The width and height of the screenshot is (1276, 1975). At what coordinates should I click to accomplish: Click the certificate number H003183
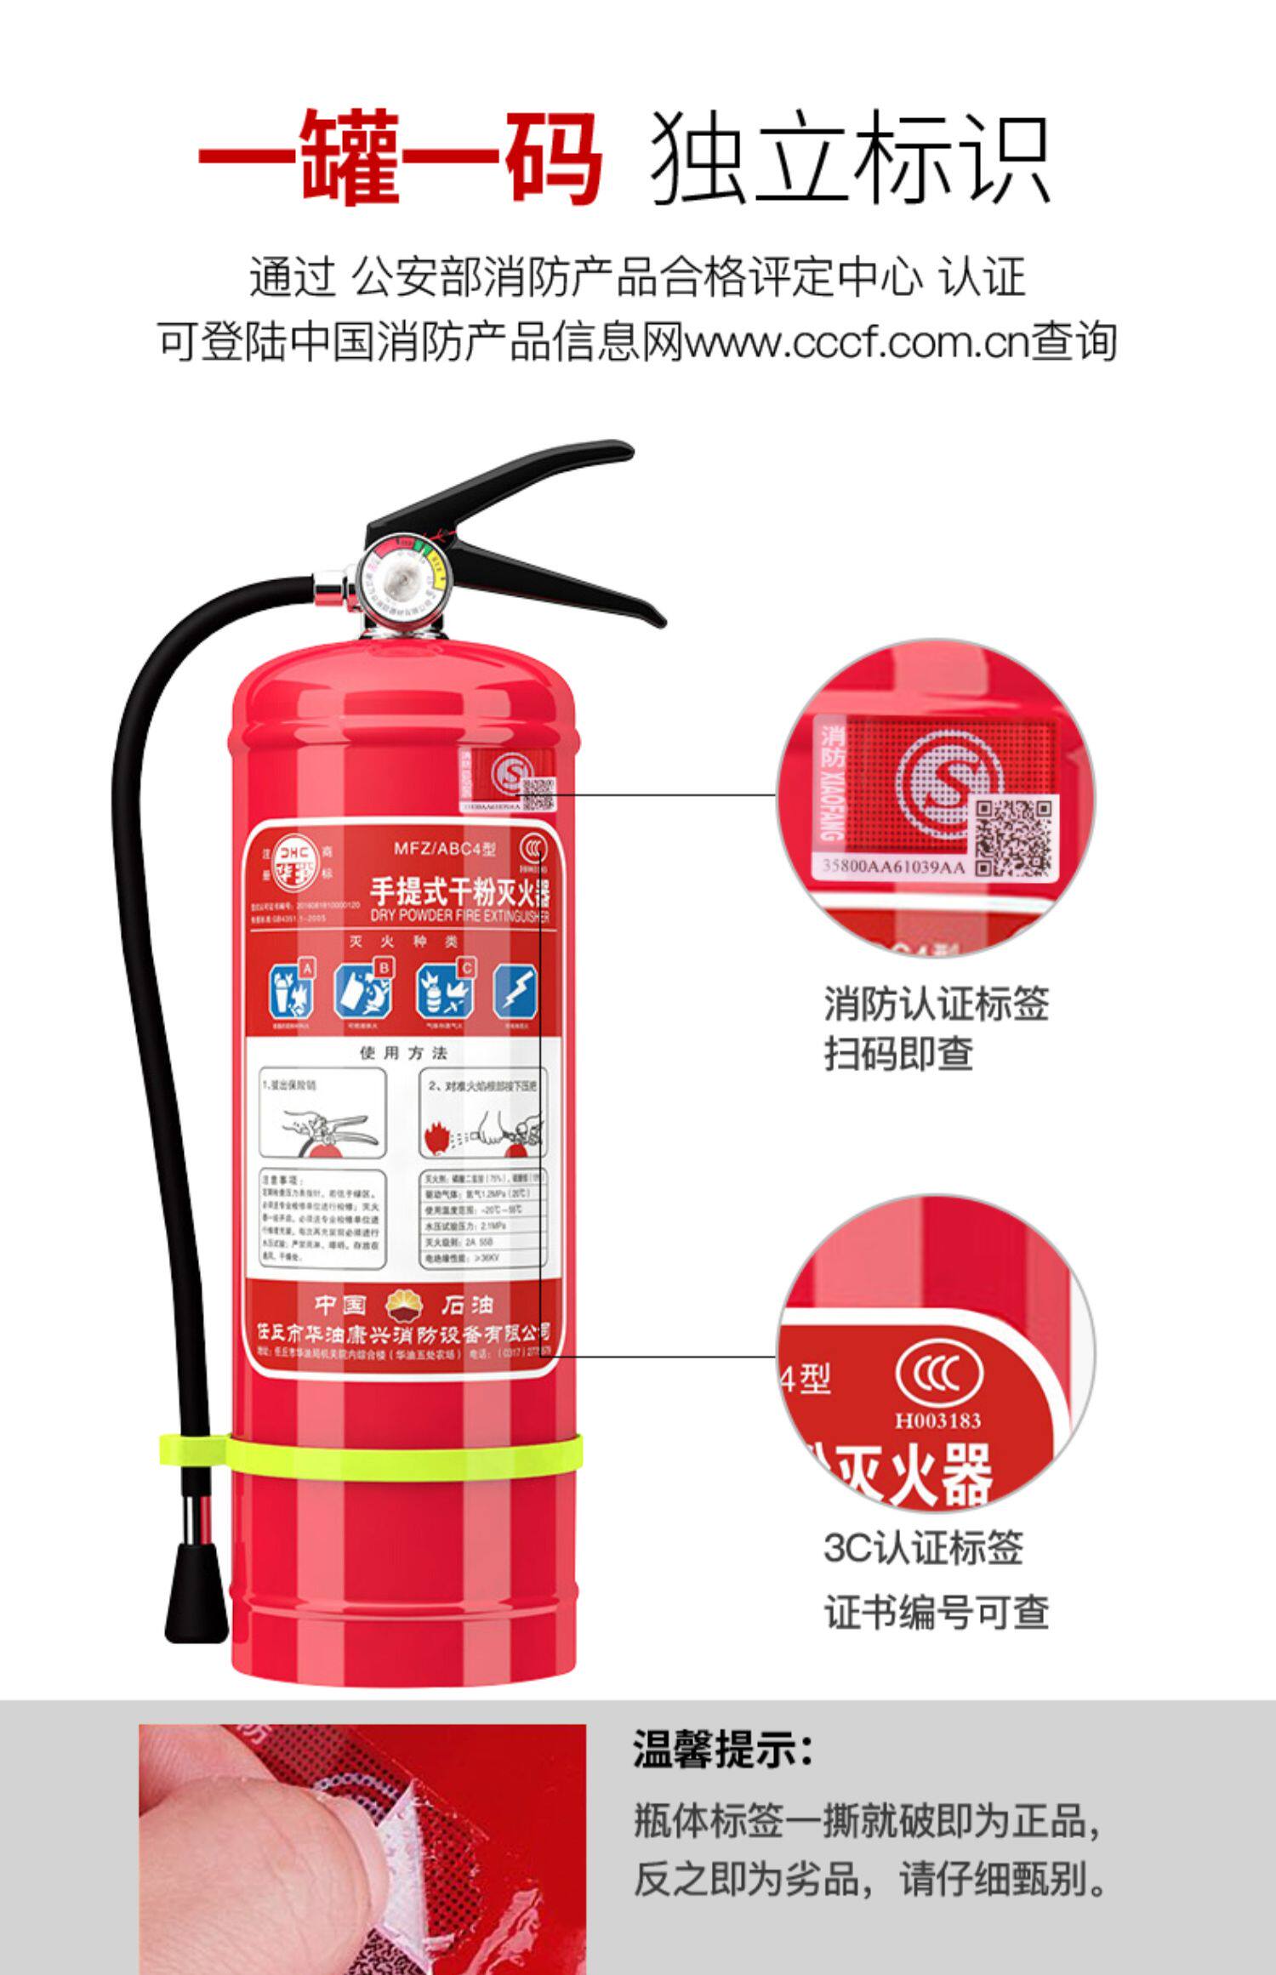937,1420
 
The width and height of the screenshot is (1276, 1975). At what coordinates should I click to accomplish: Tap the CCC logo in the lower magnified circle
938,1373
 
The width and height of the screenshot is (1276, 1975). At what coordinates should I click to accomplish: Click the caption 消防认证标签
936,1005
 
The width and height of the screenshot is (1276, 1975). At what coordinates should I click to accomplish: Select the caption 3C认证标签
923,1548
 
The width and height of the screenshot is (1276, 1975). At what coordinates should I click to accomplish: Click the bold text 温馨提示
723,1750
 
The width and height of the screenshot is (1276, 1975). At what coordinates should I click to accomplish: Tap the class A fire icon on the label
291,990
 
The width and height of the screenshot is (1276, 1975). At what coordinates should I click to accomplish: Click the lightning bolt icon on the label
516,992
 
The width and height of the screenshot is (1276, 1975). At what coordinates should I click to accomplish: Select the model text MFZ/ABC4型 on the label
444,848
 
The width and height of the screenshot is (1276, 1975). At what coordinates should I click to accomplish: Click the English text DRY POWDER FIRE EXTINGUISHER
459,915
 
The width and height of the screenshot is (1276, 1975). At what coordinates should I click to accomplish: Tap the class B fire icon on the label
364,990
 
